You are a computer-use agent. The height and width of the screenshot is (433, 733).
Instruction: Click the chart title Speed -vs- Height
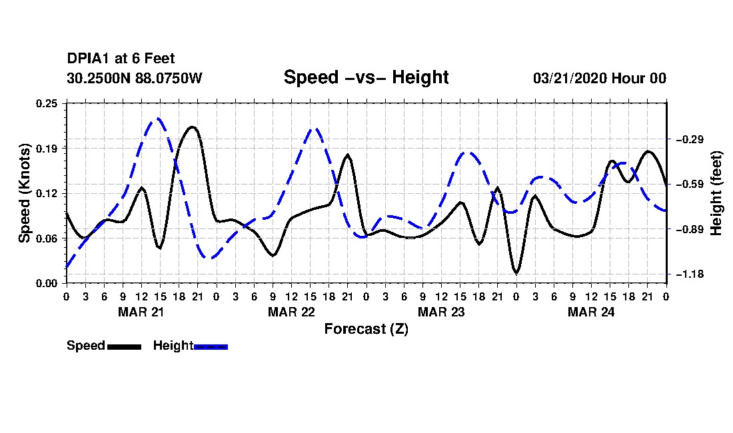pos(366,77)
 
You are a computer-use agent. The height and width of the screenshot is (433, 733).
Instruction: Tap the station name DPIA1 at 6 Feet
pos(121,59)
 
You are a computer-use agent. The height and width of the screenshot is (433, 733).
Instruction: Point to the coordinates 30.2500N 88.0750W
pos(134,78)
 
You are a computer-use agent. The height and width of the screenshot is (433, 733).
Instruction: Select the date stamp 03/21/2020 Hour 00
pos(600,78)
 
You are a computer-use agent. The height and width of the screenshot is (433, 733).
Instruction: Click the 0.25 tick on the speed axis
pos(47,103)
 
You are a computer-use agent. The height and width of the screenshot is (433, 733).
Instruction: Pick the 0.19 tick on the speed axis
pos(47,149)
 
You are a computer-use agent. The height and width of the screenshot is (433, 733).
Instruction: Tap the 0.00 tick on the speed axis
pos(47,284)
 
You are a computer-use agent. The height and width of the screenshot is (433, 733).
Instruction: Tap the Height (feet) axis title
pos(716,193)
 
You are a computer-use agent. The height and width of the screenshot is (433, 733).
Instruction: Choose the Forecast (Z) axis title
pos(366,329)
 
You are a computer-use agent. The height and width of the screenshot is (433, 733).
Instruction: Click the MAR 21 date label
pos(141,312)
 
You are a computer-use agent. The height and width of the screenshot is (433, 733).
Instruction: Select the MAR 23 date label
pos(441,312)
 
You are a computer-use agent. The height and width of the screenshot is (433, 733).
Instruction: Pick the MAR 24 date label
pos(591,312)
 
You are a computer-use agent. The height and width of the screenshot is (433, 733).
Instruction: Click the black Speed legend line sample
pos(125,346)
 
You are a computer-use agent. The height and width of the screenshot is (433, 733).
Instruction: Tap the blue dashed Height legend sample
pos(211,346)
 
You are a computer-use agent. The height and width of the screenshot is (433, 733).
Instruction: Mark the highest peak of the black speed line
pos(192,127)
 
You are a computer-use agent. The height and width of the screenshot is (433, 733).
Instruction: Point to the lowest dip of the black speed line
pos(516,272)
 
